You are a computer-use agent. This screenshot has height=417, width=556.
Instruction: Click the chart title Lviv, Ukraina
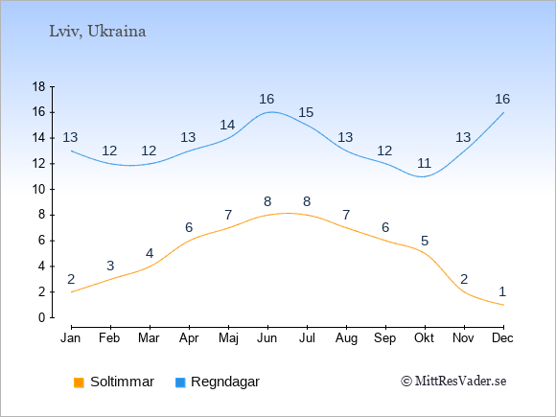[98, 32]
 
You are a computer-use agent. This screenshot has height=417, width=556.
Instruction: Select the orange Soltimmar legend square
[79, 382]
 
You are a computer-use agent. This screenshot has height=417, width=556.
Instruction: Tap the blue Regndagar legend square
[180, 382]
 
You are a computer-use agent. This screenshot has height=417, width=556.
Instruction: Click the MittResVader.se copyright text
[453, 382]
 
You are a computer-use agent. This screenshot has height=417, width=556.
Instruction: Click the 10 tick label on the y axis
[38, 190]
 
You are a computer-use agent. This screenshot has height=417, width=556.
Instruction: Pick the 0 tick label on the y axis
[42, 317]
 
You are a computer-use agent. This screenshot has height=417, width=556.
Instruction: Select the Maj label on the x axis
[228, 338]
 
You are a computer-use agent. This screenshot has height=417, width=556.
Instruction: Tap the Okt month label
[424, 338]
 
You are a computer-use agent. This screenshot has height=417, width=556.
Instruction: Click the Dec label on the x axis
[502, 338]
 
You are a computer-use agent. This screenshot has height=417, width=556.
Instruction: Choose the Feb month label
[109, 338]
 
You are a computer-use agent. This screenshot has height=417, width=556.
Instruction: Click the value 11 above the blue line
[424, 164]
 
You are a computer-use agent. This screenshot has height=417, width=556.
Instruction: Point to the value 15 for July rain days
[306, 113]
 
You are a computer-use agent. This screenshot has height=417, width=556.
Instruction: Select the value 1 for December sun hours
[502, 291]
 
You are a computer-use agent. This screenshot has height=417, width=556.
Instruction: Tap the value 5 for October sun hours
[425, 242]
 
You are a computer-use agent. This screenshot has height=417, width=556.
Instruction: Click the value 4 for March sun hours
[150, 253]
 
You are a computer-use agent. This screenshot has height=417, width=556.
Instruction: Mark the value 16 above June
[266, 100]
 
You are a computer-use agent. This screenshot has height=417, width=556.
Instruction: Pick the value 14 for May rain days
[227, 126]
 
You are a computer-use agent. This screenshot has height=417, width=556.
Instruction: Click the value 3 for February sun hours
[110, 266]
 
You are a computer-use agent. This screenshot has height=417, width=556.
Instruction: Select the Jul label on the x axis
[307, 338]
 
